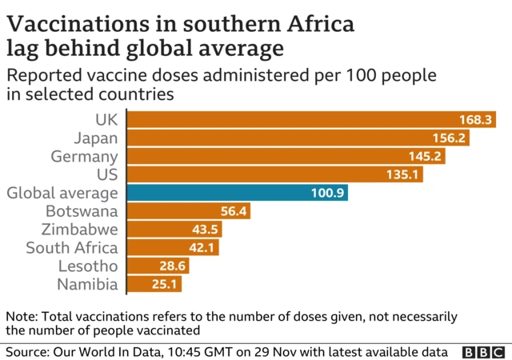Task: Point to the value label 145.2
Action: pos(428,156)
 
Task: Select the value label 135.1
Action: pos(405,174)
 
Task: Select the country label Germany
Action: pos(84,156)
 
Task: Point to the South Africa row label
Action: pos(71,248)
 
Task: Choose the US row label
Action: pos(107,174)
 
